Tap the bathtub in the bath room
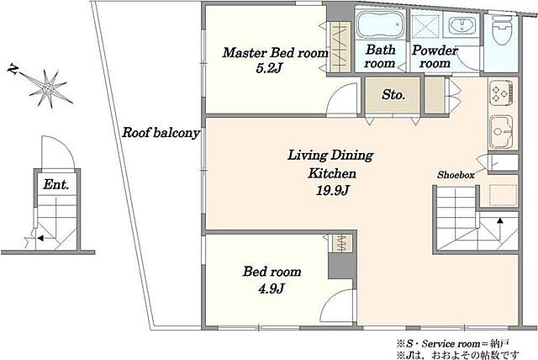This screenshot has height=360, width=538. [380, 24]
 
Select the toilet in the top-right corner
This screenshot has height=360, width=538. [502, 29]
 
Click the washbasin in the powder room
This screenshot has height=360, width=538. [462, 25]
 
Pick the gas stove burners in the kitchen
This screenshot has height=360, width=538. [501, 92]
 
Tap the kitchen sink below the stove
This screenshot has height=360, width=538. [501, 130]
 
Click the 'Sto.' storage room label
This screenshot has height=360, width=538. [393, 95]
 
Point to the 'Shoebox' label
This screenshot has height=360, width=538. [456, 175]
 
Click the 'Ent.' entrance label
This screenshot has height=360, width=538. [56, 185]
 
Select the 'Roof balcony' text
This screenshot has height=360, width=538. [161, 132]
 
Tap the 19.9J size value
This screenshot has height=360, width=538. [332, 190]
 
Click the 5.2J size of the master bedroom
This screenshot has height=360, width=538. [269, 68]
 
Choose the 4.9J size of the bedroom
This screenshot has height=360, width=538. [272, 289]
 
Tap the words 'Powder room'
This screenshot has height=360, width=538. [435, 56]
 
